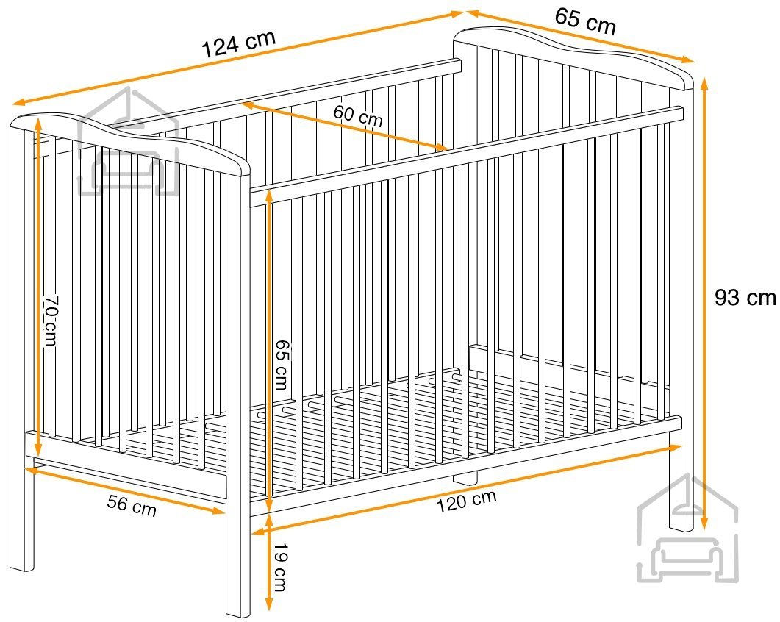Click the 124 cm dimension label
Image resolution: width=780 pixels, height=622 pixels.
(x=239, y=43)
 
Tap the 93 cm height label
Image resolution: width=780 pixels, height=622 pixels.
(x=745, y=298)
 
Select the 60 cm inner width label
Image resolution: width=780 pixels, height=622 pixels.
(x=358, y=115)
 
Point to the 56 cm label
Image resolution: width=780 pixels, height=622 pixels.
(x=132, y=505)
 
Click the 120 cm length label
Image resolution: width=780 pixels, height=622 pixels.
(x=466, y=501)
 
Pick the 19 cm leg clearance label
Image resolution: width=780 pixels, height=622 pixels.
(x=281, y=567)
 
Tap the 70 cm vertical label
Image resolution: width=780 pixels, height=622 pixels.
(x=50, y=321)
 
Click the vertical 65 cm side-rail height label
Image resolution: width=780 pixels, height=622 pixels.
(x=282, y=364)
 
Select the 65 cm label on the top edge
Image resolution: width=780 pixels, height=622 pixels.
(x=585, y=21)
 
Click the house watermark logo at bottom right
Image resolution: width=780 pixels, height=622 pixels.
(x=687, y=529)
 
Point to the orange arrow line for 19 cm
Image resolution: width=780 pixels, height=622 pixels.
(x=268, y=562)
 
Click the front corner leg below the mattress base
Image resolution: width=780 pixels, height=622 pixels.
(x=237, y=562)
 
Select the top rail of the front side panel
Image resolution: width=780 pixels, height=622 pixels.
(x=465, y=156)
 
